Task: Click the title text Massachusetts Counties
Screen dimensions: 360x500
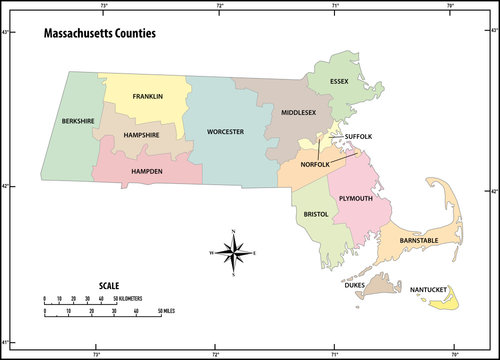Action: pyautogui.click(x=99, y=33)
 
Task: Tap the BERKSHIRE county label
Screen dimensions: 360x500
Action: pyautogui.click(x=77, y=121)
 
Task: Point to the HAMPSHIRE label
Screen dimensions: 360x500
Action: pyautogui.click(x=144, y=135)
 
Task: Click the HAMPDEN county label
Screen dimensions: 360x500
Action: pyautogui.click(x=150, y=171)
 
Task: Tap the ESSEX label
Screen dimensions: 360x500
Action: pyautogui.click(x=340, y=81)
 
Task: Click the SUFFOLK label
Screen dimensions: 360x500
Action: pyautogui.click(x=358, y=136)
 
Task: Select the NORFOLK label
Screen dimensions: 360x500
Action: pyautogui.click(x=316, y=164)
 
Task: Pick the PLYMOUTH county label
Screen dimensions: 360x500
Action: pyautogui.click(x=356, y=198)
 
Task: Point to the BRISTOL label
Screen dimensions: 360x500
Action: pyautogui.click(x=310, y=214)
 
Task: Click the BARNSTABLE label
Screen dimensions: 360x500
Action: pyautogui.click(x=419, y=241)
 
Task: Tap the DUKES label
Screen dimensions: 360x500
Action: pyautogui.click(x=355, y=285)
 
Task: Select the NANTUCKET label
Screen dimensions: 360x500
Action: pyautogui.click(x=431, y=290)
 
